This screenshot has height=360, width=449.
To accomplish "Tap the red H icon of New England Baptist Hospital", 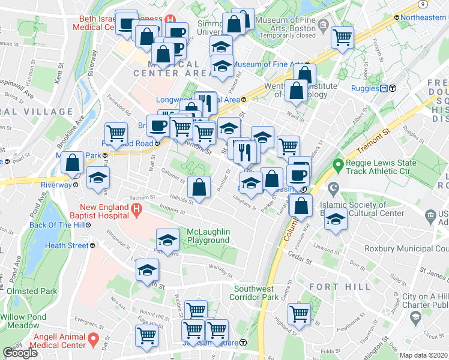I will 137,210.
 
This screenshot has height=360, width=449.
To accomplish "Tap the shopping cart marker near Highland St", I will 299,313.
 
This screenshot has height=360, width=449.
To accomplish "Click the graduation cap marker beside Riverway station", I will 98,178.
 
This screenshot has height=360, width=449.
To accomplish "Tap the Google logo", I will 20,353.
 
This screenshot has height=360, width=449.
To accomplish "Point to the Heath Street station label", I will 66,245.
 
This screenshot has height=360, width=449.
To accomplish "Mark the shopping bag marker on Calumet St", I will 199,187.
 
